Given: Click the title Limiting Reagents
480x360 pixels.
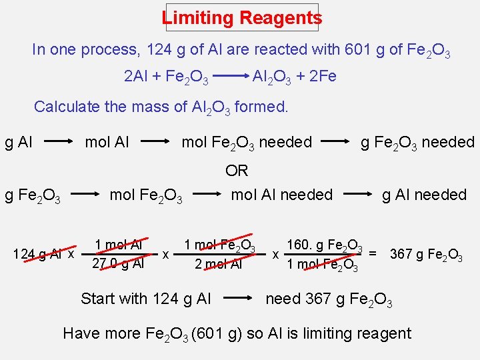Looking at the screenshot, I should [241, 18].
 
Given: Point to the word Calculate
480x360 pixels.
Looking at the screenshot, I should [67, 107].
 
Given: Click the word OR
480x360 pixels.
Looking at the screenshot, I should [237, 171].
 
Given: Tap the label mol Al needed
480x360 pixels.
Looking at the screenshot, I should [281, 195].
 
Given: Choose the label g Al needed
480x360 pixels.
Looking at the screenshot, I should [424, 195].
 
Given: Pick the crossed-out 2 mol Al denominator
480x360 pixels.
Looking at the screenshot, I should [218, 263].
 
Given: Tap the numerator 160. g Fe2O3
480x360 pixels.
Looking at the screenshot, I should [324, 245].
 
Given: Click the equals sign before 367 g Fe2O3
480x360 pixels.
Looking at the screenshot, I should [373, 253].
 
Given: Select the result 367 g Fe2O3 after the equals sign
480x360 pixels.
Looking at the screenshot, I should [426, 255].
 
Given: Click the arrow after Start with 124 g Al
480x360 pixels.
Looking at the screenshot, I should [239, 299].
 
